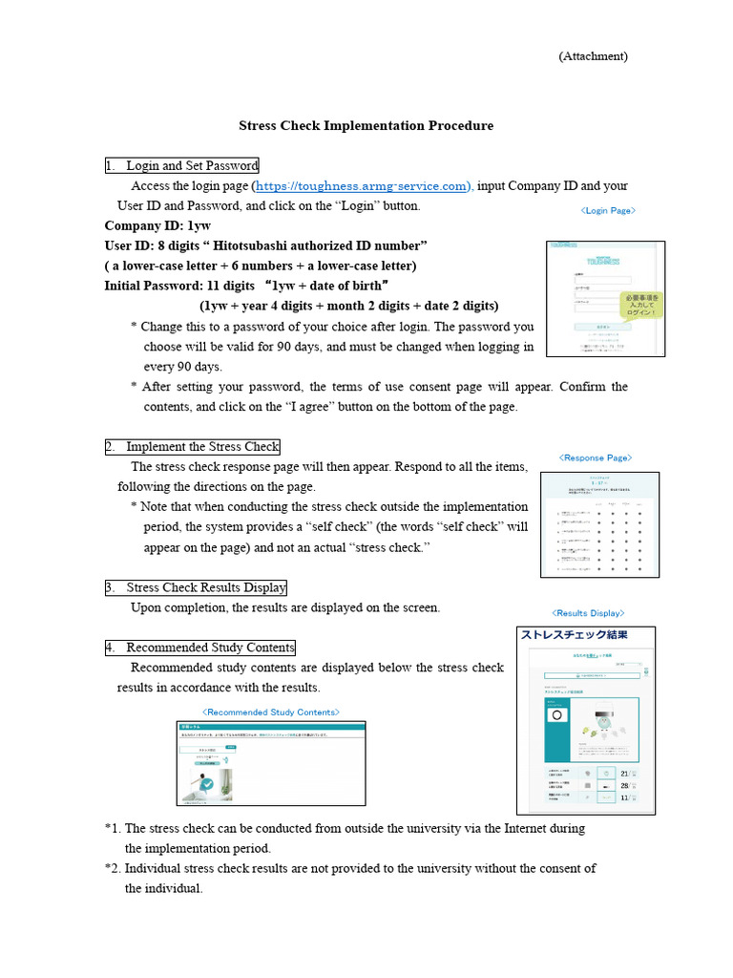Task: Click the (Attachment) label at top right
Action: click(593, 56)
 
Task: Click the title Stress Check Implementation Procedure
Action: click(366, 125)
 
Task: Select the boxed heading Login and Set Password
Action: click(181, 166)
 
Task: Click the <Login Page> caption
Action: click(607, 210)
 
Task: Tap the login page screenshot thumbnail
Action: click(605, 299)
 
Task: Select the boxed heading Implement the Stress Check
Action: click(193, 447)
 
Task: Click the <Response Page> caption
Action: click(595, 457)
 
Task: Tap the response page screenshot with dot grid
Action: click(599, 524)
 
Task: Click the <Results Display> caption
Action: click(587, 613)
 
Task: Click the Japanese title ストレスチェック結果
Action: click(573, 634)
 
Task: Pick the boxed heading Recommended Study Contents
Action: click(200, 648)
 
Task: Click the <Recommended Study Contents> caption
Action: click(270, 712)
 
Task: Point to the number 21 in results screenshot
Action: click(625, 774)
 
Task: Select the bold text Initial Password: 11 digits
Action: click(179, 285)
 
